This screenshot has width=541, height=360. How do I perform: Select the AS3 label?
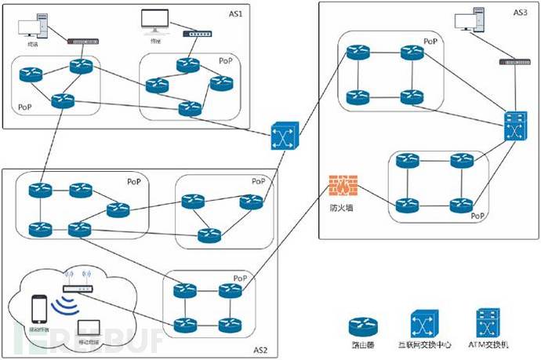(x=520, y=13)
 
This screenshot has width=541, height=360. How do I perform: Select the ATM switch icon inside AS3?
(x=516, y=126)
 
